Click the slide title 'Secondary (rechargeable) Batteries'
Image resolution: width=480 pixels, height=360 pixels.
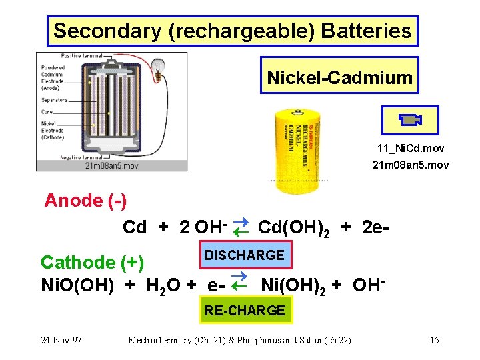[233, 31]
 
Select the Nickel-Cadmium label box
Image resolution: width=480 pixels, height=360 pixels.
[339, 78]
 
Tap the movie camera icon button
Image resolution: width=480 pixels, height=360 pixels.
[409, 120]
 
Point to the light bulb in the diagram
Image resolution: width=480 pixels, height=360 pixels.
[159, 67]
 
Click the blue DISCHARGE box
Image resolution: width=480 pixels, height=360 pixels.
[244, 255]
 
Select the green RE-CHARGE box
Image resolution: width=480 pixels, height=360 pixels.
[245, 310]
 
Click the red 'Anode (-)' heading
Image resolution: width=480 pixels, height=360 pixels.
[85, 201]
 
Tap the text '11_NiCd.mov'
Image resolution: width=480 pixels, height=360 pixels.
[411, 148]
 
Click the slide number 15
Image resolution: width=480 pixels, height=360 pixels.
[434, 341]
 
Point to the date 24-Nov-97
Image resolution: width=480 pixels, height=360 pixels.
[61, 341]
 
